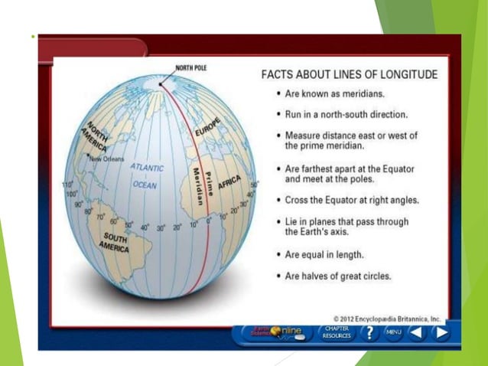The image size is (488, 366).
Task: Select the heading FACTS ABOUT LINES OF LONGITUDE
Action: point(350,75)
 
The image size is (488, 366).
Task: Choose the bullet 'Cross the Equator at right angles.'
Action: point(352,201)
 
